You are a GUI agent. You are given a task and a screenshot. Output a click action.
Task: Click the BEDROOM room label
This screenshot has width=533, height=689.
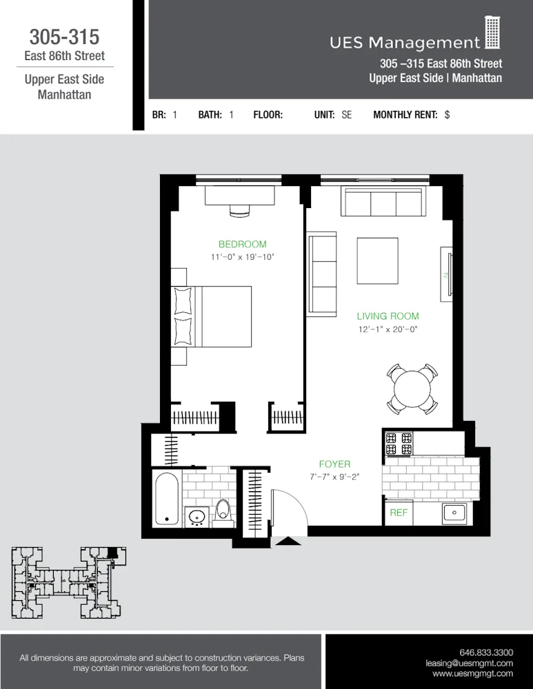pyautogui.click(x=242, y=244)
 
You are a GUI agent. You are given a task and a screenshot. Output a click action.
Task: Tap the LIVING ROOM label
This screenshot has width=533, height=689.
pyautogui.click(x=388, y=316)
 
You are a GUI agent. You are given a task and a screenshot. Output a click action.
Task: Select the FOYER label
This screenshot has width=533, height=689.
pyautogui.click(x=334, y=464)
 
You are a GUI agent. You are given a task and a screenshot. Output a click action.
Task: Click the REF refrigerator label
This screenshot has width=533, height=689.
pyautogui.click(x=399, y=513)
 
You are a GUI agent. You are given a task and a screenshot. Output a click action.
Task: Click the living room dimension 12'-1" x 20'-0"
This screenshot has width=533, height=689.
pyautogui.click(x=388, y=329)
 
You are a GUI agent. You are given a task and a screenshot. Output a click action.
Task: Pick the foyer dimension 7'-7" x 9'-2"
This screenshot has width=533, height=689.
pyautogui.click(x=334, y=477)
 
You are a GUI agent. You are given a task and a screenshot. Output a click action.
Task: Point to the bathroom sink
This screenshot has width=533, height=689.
pyautogui.click(x=197, y=515)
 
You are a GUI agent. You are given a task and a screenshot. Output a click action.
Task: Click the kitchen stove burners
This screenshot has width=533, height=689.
pyautogui.click(x=398, y=443)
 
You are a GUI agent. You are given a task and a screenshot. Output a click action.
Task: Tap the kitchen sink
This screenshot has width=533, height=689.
pyautogui.click(x=454, y=512)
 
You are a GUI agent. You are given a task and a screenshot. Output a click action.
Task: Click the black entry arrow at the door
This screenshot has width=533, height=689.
pyautogui.click(x=288, y=541)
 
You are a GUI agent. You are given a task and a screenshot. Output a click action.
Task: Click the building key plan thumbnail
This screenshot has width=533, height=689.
pyautogui.click(x=65, y=582)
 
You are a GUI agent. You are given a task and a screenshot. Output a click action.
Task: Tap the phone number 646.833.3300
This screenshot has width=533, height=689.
pyautogui.click(x=486, y=652)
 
